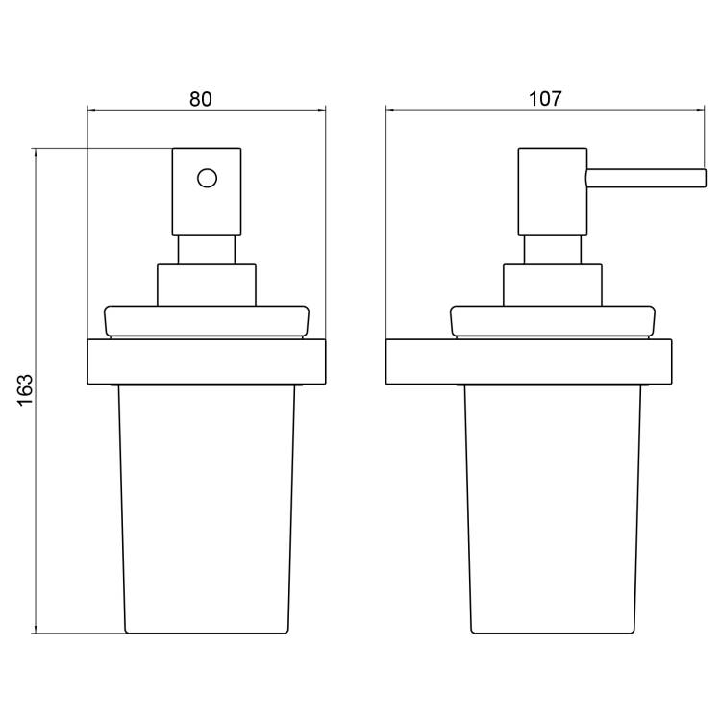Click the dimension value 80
pyautogui.click(x=201, y=99)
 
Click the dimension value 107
pyautogui.click(x=545, y=98)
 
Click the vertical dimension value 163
pyautogui.click(x=25, y=390)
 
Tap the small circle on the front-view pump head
pyautogui.click(x=207, y=178)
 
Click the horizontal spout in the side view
pyautogui.click(x=646, y=179)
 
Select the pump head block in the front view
pyautogui.click(x=207, y=191)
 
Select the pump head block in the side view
pyautogui.click(x=552, y=191)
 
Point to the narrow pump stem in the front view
pyautogui.click(x=207, y=250)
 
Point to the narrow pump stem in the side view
pyautogui.click(x=552, y=250)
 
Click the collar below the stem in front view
pyautogui.click(x=207, y=286)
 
